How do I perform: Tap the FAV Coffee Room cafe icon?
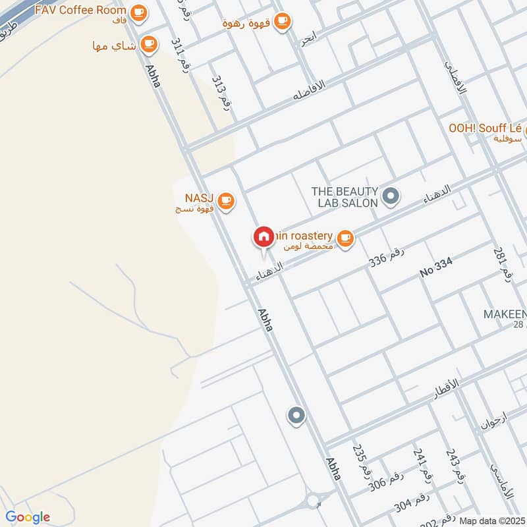(x=138, y=11)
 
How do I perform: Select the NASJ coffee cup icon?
(x=226, y=200)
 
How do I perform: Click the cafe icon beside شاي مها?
(x=150, y=44)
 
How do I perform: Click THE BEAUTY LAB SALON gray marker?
(x=391, y=196)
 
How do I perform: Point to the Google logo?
(x=28, y=517)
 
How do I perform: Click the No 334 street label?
(x=437, y=267)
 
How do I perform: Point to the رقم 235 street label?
(x=360, y=461)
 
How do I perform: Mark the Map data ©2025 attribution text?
(x=492, y=520)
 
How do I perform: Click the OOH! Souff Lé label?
(x=485, y=129)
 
